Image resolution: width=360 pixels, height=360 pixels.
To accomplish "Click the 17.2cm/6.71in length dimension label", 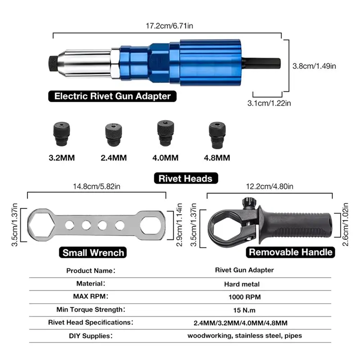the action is (x=170, y=26).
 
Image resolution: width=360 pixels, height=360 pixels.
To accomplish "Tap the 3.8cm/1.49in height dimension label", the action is (x=314, y=66).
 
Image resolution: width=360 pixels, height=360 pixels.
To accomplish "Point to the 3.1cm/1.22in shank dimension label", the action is (x=269, y=103).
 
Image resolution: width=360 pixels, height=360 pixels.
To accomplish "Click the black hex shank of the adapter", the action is (x=261, y=63).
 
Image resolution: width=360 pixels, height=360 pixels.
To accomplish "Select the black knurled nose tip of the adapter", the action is (x=53, y=63).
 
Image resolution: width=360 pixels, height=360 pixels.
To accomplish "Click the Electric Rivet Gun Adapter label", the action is (x=112, y=96).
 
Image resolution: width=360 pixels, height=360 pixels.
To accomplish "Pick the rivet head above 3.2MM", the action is (x=62, y=134).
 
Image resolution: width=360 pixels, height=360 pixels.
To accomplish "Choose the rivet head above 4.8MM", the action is (x=217, y=135).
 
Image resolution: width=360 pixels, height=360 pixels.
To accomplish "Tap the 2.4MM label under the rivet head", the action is (x=114, y=158).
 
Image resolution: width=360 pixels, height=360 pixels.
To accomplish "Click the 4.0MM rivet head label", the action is (x=165, y=158).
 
